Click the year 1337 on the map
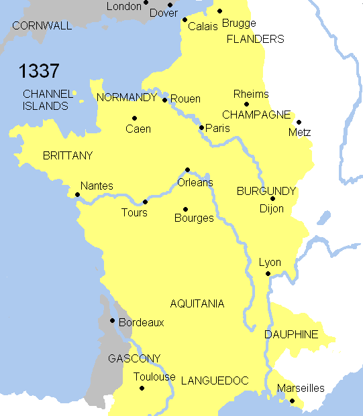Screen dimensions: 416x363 click(39, 71)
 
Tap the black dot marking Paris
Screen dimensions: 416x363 click(201, 127)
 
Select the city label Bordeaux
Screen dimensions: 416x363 click(141, 322)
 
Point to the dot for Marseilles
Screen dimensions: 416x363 click(291, 401)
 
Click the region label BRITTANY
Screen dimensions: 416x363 click(67, 155)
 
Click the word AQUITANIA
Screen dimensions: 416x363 click(197, 303)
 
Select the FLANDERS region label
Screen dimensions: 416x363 click(255, 39)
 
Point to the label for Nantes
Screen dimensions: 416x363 click(97, 186)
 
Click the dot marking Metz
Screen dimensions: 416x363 click(299, 122)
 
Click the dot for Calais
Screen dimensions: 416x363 click(185, 19)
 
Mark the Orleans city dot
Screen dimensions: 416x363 click(187, 169)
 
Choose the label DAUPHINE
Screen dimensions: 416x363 click(291, 334)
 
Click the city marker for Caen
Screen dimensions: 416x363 click(134, 119)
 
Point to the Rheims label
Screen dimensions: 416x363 click(251, 94)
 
